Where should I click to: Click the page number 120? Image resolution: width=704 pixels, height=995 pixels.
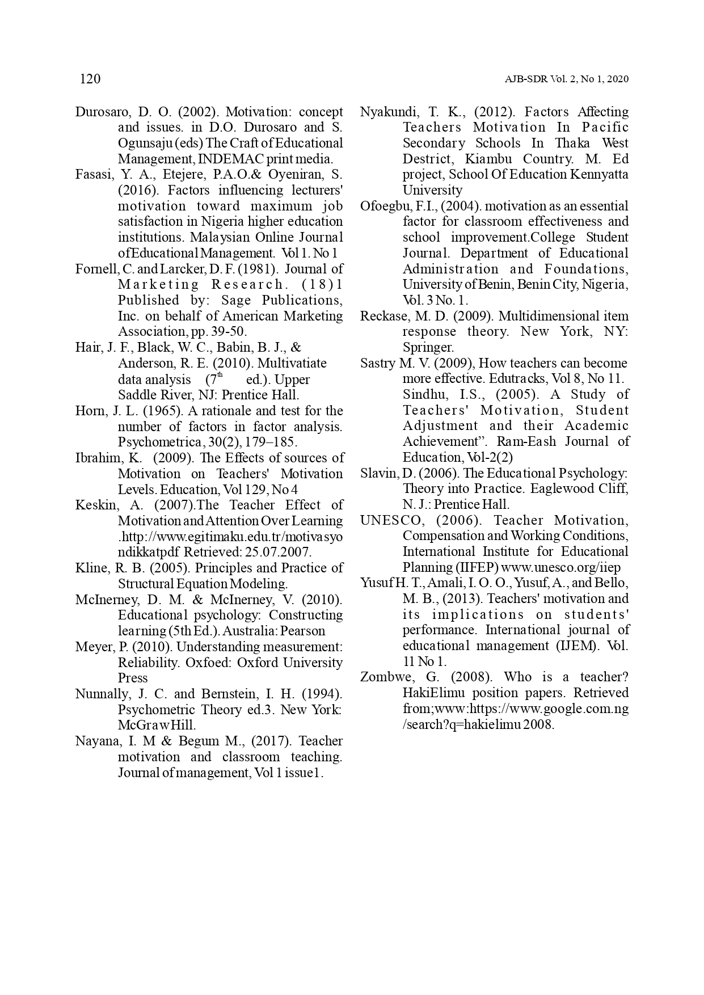(x=90, y=79)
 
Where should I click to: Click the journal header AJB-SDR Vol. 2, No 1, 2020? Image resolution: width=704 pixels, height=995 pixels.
(x=566, y=79)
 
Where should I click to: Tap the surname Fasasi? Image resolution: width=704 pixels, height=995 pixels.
(x=92, y=175)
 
